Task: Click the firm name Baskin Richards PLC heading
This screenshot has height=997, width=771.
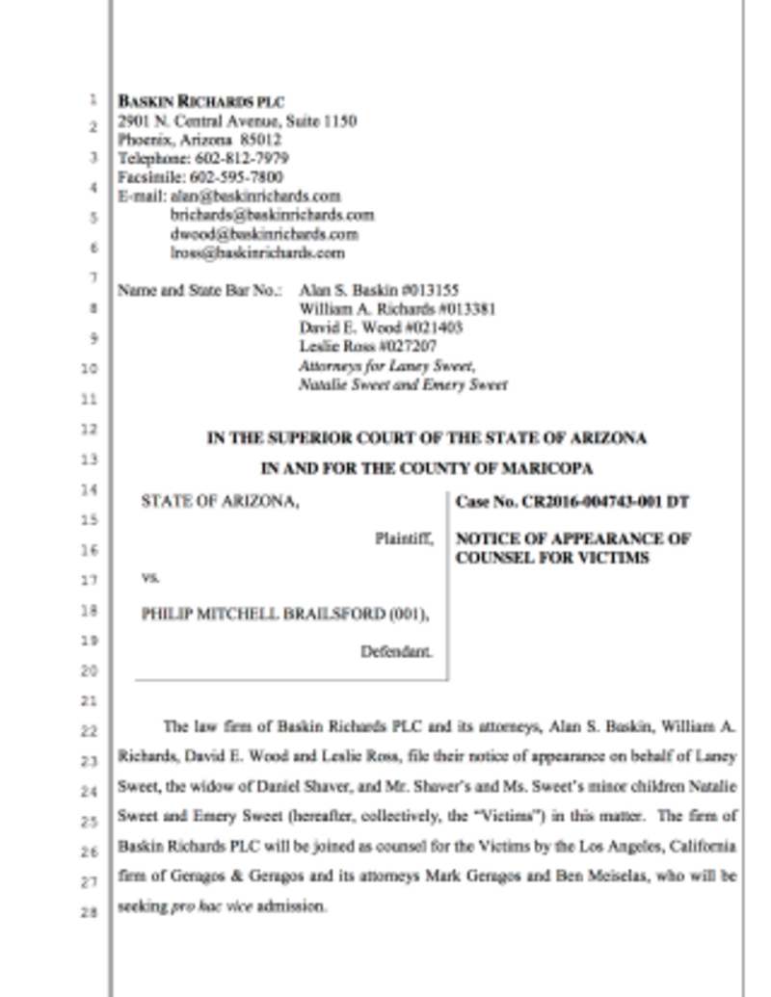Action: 200,102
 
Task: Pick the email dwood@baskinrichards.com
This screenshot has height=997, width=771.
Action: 264,234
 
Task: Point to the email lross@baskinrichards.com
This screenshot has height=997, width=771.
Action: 257,253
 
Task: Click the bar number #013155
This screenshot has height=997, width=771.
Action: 432,290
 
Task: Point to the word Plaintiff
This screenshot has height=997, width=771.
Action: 404,539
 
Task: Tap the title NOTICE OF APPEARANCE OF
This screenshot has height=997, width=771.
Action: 572,539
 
